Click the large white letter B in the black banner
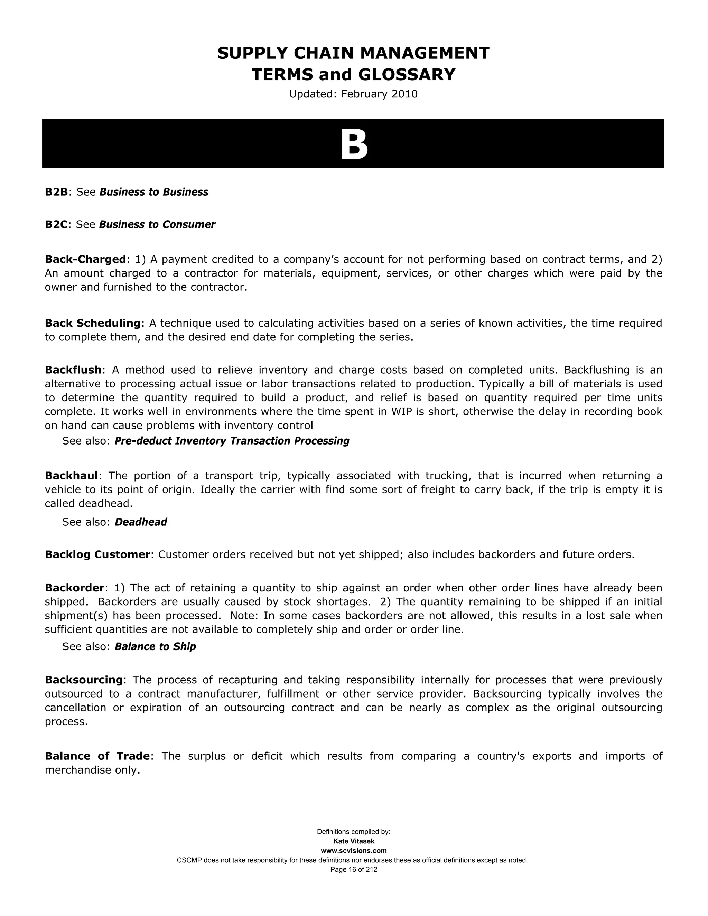(x=354, y=145)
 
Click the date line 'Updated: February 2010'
(x=353, y=94)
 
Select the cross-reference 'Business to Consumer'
(x=157, y=225)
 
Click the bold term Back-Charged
(x=85, y=260)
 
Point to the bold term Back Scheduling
(x=92, y=324)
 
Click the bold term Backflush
(x=73, y=370)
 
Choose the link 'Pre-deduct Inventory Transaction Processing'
(x=232, y=441)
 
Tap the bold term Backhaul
(x=71, y=476)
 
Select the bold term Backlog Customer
(x=97, y=555)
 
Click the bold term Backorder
(x=74, y=588)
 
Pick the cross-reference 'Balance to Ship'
(x=155, y=647)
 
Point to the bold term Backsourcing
(x=83, y=680)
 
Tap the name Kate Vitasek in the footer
(x=354, y=841)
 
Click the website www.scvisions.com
(x=354, y=851)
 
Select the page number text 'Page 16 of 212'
(x=354, y=870)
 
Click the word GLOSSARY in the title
(x=407, y=75)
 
